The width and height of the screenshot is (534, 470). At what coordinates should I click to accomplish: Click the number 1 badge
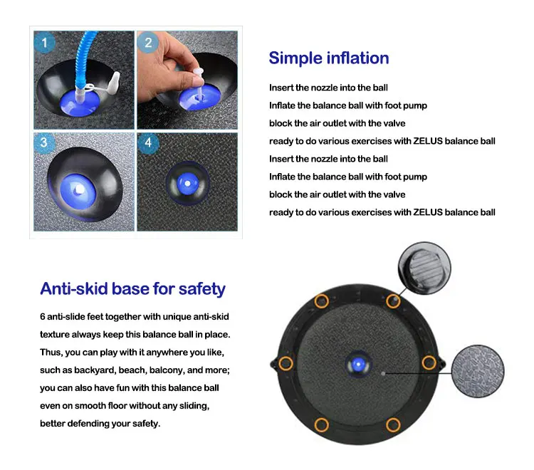tap(44, 42)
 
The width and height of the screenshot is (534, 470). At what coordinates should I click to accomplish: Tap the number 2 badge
tap(148, 42)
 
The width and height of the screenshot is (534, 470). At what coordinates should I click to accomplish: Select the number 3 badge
tap(44, 142)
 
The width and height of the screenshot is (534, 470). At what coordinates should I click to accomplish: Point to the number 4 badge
tap(148, 142)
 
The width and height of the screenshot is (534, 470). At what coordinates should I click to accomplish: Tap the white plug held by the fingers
tap(197, 79)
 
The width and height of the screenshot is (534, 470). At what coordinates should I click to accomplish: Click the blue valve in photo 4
tap(187, 183)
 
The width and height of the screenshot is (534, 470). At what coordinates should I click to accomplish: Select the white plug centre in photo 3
tap(80, 189)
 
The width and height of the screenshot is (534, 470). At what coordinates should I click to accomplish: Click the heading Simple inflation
tap(329, 58)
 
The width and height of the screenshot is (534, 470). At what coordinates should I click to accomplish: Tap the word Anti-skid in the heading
tap(75, 289)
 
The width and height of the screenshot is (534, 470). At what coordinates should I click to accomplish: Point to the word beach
tap(132, 370)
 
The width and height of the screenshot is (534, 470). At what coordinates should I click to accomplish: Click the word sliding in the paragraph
tap(193, 406)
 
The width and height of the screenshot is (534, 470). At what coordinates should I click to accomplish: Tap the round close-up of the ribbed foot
tap(424, 268)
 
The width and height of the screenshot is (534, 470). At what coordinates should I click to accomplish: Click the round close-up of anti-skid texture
tap(478, 371)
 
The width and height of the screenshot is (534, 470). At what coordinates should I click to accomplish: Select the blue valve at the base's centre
tap(357, 365)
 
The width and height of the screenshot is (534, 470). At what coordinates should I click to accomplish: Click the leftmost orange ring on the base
tap(286, 363)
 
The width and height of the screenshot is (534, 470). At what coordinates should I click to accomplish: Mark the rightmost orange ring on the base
tap(429, 363)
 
